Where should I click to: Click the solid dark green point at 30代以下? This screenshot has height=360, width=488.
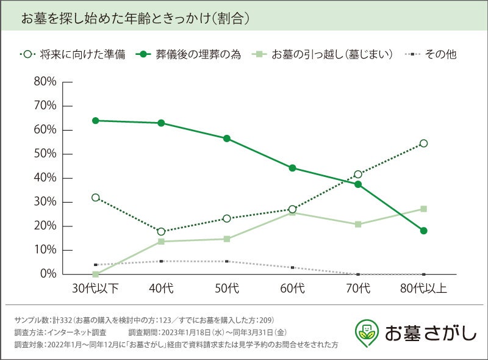click(x=96, y=120)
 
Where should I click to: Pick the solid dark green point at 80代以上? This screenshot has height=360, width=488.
click(x=423, y=231)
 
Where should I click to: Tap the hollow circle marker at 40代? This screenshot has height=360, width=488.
click(x=161, y=232)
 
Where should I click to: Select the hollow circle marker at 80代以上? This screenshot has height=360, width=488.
click(x=423, y=143)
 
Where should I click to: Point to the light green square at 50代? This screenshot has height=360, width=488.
click(x=227, y=239)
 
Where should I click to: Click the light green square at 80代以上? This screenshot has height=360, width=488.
click(x=423, y=209)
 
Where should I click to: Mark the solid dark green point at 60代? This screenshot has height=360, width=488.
click(x=292, y=168)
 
